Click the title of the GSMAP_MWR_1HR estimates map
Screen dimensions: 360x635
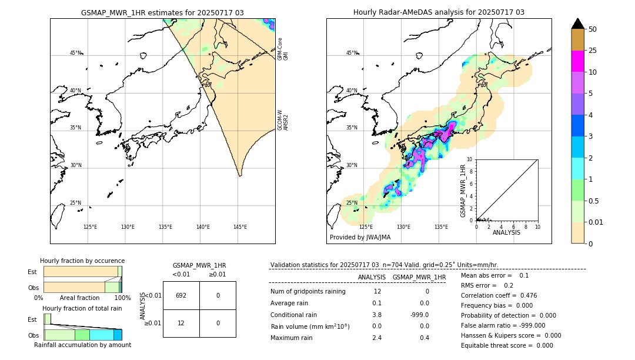point(162,12)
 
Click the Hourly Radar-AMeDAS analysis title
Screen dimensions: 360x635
point(439,12)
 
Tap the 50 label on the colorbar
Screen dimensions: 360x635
point(593,29)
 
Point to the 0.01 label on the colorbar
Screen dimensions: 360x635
point(596,222)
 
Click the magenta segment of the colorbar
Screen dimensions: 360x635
point(577,61)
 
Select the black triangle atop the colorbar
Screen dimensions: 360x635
point(577,24)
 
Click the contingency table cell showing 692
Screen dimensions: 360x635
point(181,295)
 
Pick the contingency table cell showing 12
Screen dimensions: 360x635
point(181,323)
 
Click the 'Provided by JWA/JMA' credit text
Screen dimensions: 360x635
point(360,237)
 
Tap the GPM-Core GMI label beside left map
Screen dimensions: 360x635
point(283,49)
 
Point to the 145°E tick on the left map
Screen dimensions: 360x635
point(240,227)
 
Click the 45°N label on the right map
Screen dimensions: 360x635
point(352,53)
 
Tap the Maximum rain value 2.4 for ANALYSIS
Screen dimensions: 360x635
point(377,338)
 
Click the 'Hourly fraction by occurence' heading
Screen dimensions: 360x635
point(82,261)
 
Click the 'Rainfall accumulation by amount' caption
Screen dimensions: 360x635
point(82,345)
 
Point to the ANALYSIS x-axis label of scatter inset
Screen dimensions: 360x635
point(506,232)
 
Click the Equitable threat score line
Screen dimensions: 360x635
point(507,345)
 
